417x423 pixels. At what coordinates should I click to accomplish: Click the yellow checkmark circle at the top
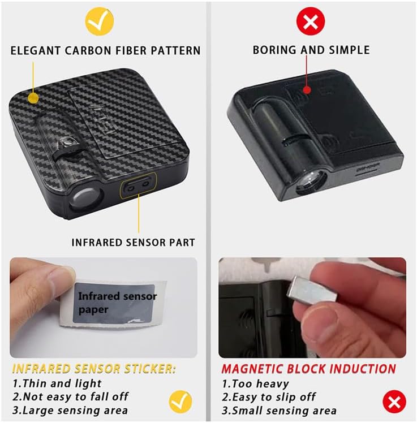pyautogui.click(x=100, y=21)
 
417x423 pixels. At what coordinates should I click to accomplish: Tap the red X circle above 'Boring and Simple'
pyautogui.click(x=311, y=21)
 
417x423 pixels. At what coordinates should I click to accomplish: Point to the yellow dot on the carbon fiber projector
pyautogui.click(x=33, y=98)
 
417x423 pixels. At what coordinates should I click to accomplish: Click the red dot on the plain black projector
pyautogui.click(x=307, y=90)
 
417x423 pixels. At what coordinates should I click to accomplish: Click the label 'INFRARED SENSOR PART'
pyautogui.click(x=133, y=242)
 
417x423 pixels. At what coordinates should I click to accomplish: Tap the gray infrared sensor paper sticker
pyautogui.click(x=114, y=303)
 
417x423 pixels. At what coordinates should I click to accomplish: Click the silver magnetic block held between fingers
pyautogui.click(x=312, y=291)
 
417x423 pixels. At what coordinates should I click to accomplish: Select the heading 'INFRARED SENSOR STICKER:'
pyautogui.click(x=94, y=369)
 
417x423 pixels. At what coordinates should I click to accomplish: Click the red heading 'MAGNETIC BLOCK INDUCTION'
pyautogui.click(x=308, y=369)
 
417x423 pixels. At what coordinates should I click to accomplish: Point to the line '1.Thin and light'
pyautogui.click(x=57, y=383)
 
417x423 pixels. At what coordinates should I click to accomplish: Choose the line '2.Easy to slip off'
pyautogui.click(x=269, y=397)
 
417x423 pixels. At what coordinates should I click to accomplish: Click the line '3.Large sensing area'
pyautogui.click(x=70, y=411)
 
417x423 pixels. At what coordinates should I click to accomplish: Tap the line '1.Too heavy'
pyautogui.click(x=255, y=383)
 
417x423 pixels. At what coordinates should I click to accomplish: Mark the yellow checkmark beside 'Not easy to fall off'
pyautogui.click(x=180, y=402)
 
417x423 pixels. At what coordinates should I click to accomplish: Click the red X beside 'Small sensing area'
pyautogui.click(x=394, y=402)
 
